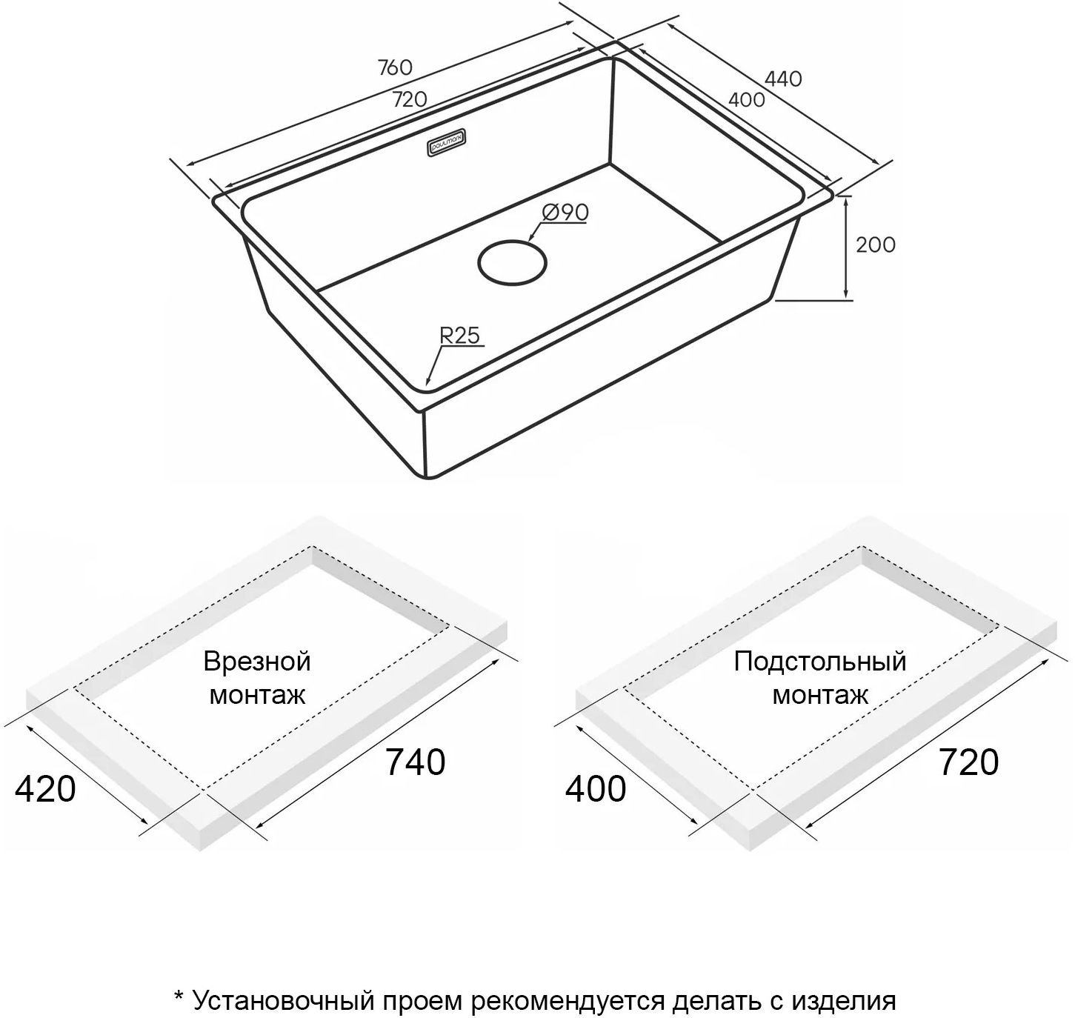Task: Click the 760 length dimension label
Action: coord(395,67)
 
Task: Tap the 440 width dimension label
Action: coord(783,79)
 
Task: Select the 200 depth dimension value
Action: coord(876,244)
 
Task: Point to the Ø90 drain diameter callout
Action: coord(565,212)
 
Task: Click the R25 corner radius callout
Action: coord(459,336)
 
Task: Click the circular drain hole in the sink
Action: coord(513,262)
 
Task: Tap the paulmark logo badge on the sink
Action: coord(446,143)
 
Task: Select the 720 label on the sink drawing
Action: coord(410,99)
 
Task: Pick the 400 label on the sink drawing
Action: coord(746,99)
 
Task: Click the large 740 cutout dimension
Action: coord(416,762)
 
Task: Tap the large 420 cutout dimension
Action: coord(45,790)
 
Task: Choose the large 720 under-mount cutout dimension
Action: coord(968,762)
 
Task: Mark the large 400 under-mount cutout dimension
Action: coord(596,790)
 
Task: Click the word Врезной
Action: coord(257,662)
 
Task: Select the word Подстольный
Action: coord(820,662)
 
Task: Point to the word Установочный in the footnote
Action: coord(284,1001)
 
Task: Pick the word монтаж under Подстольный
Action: coord(820,695)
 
